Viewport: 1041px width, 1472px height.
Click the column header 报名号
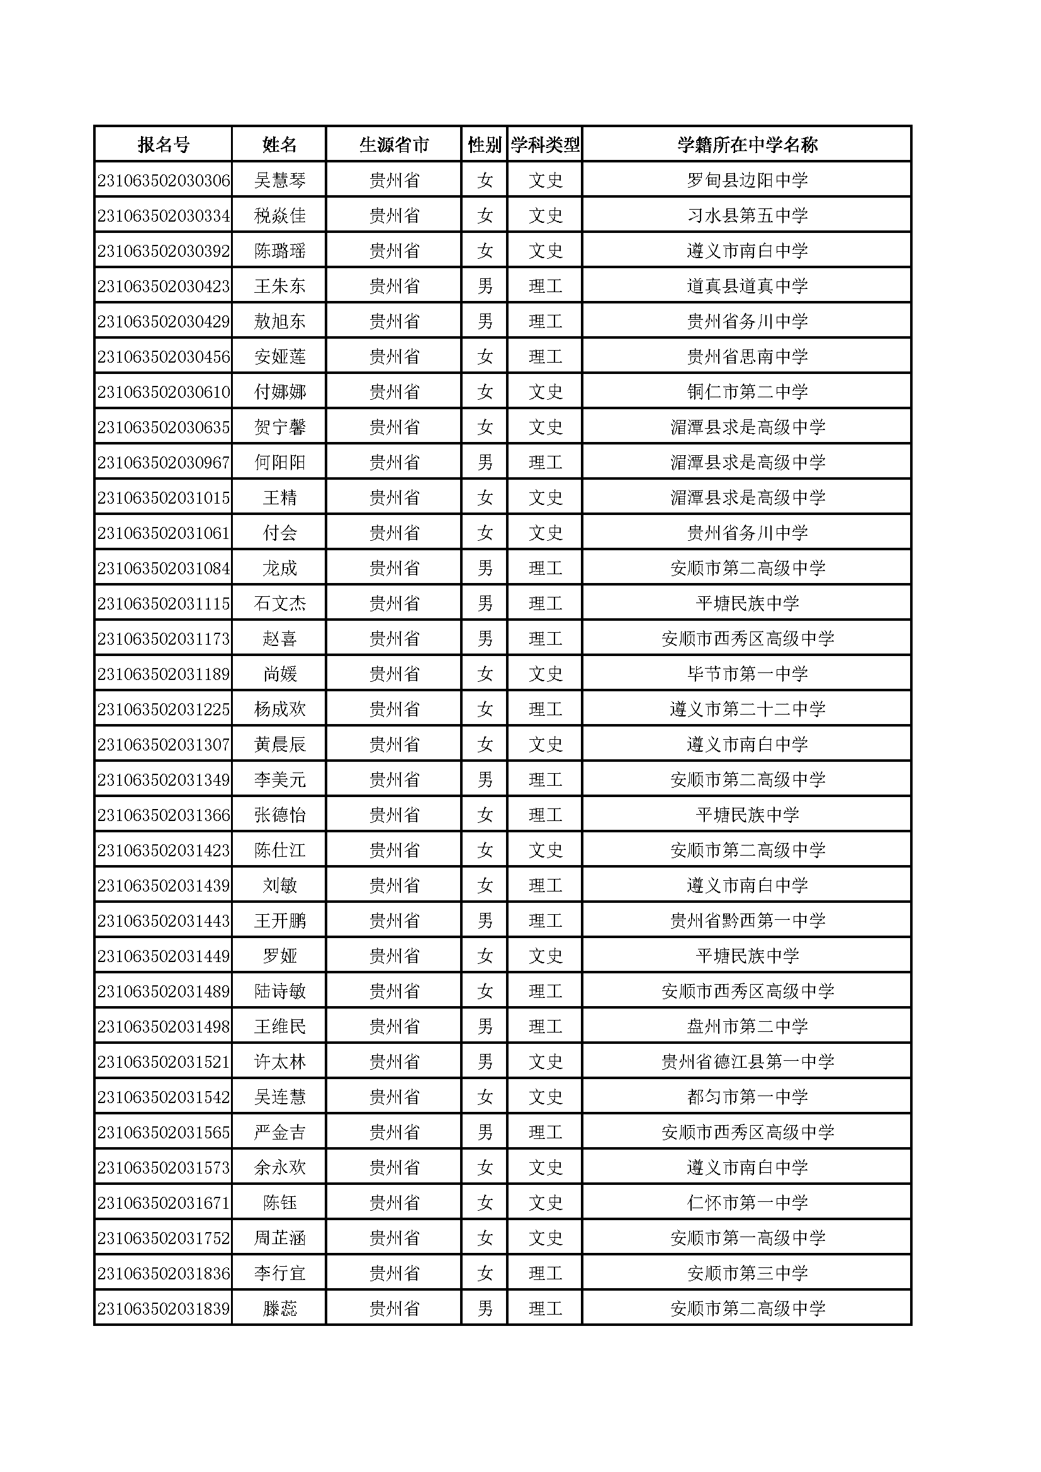pos(164,145)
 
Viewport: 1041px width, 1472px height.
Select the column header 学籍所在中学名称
pos(747,145)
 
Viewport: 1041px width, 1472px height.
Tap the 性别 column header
pos(484,145)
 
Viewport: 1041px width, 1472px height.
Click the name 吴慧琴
pos(279,180)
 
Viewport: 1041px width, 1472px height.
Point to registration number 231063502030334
pos(164,215)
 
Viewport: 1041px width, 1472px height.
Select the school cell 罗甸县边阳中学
pos(747,180)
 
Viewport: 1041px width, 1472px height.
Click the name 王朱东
pos(279,286)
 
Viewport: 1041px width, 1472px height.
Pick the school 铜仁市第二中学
pos(747,392)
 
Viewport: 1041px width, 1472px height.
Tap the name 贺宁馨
pos(279,427)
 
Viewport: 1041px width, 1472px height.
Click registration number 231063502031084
pos(164,568)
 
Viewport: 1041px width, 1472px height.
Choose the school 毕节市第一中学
pos(747,674)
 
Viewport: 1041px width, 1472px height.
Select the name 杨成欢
pos(279,709)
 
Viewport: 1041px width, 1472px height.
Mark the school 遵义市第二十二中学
pos(747,709)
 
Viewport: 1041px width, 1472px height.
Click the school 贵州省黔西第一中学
pos(747,920)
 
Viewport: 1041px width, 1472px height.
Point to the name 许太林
pos(279,1062)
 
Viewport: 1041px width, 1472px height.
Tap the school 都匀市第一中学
pos(747,1097)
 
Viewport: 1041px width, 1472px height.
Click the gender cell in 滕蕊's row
pos(485,1308)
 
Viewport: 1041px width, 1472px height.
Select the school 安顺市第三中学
pos(747,1273)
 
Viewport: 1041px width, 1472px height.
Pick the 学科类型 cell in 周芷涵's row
pos(545,1238)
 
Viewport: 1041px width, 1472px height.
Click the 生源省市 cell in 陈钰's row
pos(393,1203)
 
